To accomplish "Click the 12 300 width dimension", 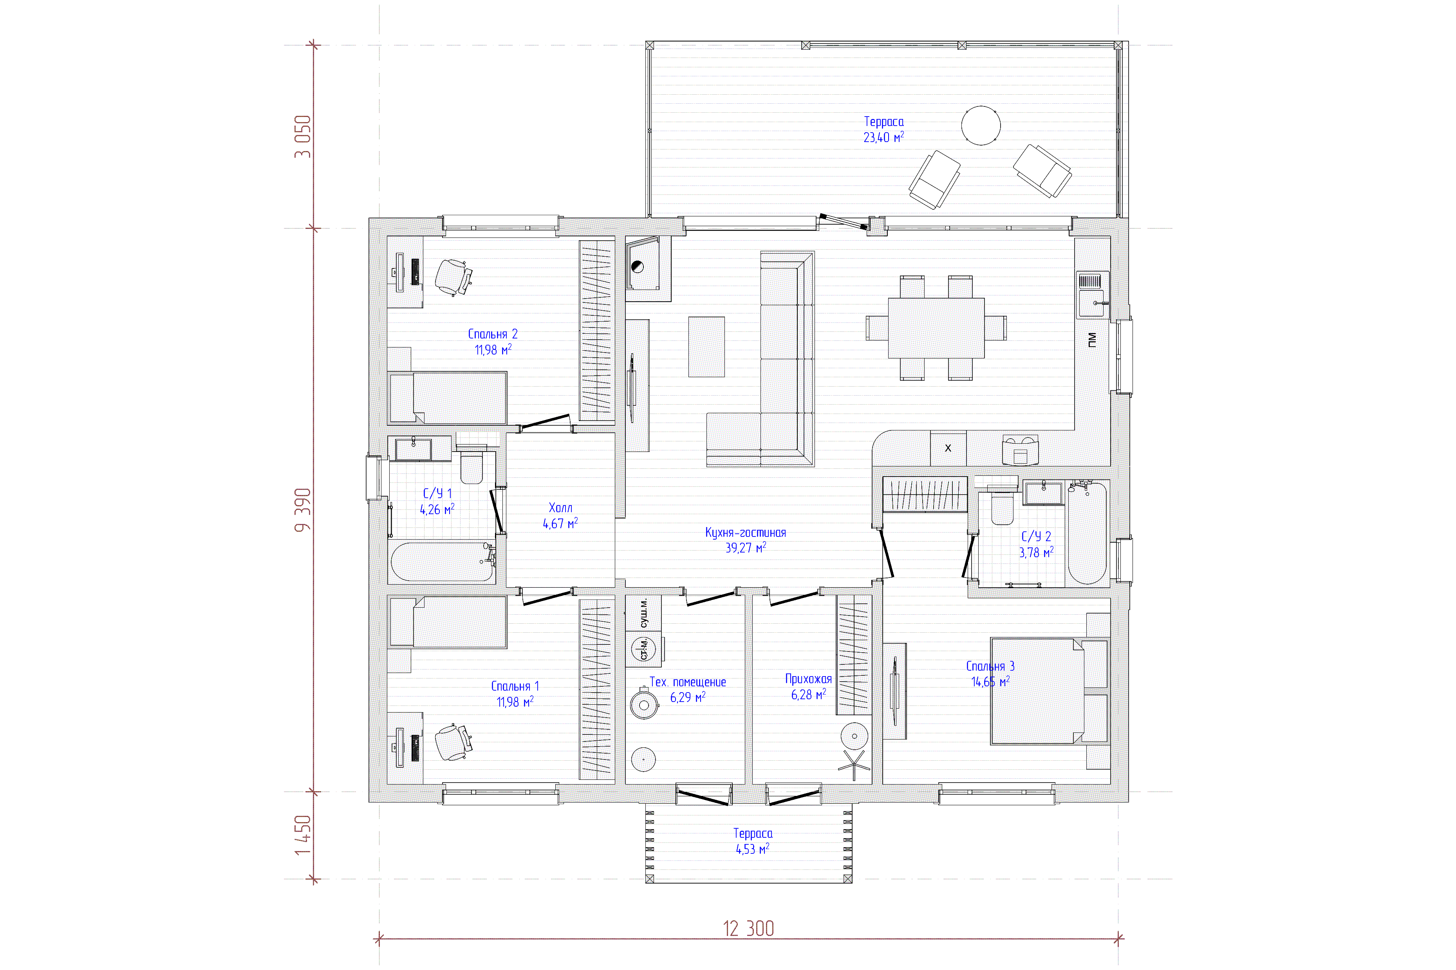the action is click(x=748, y=929).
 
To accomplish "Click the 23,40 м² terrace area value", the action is click(x=883, y=137).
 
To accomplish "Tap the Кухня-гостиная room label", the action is click(x=745, y=533).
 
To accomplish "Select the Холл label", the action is click(x=560, y=508).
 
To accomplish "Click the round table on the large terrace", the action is click(x=981, y=126).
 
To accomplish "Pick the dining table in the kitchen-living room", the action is click(x=936, y=328).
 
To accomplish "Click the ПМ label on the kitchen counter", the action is click(x=1091, y=340).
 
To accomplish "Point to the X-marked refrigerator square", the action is click(x=948, y=448).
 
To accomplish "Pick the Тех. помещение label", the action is click(x=687, y=682).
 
